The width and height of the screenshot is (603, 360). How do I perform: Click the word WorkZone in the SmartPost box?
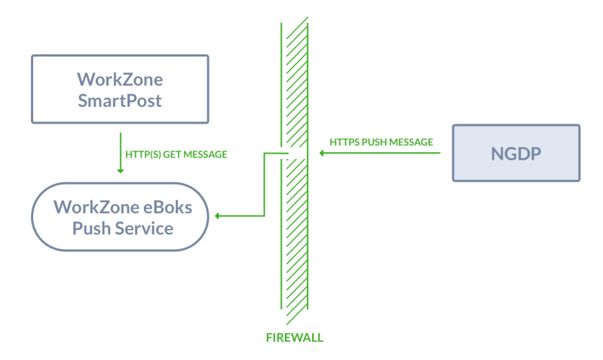(120, 80)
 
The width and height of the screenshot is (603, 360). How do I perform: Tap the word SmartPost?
(120, 101)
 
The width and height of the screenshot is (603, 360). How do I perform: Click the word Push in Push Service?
(91, 228)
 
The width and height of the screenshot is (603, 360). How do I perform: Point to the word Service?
(144, 228)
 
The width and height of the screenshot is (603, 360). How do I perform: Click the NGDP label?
(516, 154)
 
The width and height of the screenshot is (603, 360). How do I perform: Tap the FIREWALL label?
(295, 337)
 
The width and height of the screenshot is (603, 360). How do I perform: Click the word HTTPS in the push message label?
(344, 142)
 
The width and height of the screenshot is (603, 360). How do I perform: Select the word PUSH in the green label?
(375, 142)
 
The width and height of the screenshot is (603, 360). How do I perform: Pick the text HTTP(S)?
(143, 154)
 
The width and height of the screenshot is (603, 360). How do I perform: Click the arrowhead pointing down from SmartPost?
(121, 171)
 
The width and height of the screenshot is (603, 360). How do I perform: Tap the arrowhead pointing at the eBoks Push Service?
(217, 216)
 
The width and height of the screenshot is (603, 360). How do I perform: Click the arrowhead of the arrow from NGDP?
(322, 154)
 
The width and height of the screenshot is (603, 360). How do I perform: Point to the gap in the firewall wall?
(295, 154)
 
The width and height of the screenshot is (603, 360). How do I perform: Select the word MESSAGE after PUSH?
(411, 142)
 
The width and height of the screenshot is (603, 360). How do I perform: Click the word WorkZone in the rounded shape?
(96, 207)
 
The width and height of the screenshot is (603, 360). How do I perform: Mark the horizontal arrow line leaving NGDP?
(380, 154)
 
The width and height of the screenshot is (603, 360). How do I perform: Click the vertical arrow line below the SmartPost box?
(121, 153)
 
